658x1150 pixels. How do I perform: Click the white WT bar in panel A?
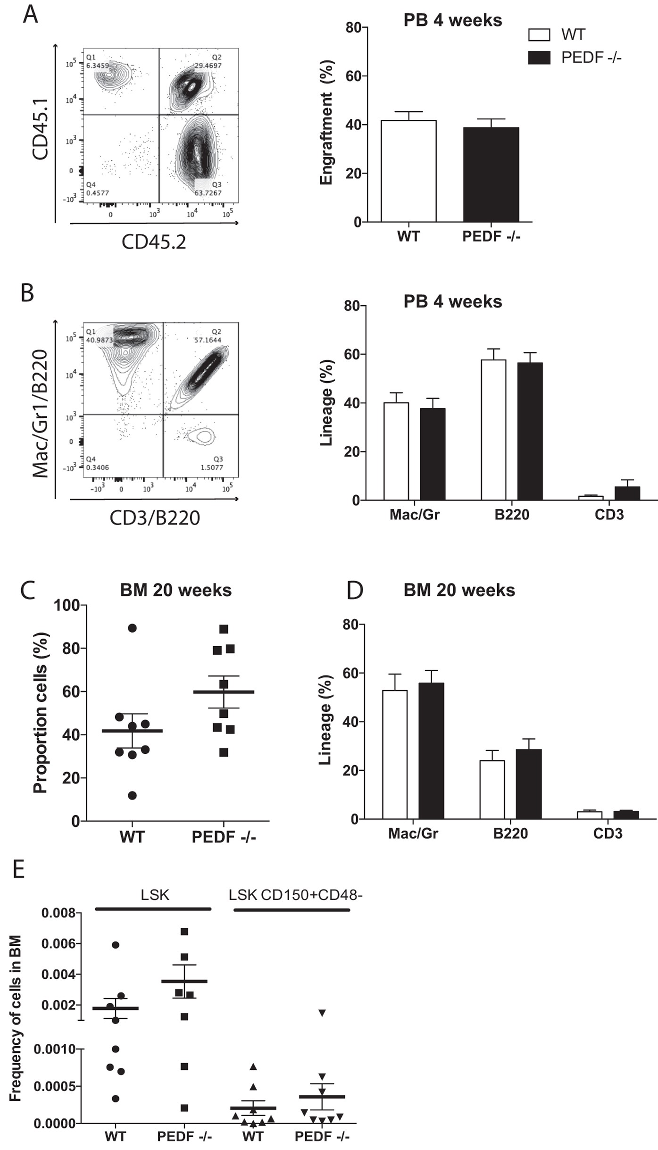408,171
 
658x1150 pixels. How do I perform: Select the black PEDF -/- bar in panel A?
491,175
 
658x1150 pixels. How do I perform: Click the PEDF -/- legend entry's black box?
539,58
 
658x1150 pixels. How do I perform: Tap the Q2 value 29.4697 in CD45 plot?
208,66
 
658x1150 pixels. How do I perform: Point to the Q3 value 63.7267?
208,193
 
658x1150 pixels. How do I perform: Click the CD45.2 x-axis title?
154,242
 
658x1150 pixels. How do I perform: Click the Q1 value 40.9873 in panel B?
100,340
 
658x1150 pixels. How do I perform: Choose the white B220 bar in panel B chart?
493,429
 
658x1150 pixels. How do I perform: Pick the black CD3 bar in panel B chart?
627,493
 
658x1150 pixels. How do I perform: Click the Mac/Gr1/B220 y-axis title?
41,413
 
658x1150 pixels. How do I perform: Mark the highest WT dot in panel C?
132,628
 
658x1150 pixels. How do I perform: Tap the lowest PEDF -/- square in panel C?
224,753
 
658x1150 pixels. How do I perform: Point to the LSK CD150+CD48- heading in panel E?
295,895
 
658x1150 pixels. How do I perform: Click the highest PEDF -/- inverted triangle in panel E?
322,1013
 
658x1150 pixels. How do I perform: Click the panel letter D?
355,590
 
